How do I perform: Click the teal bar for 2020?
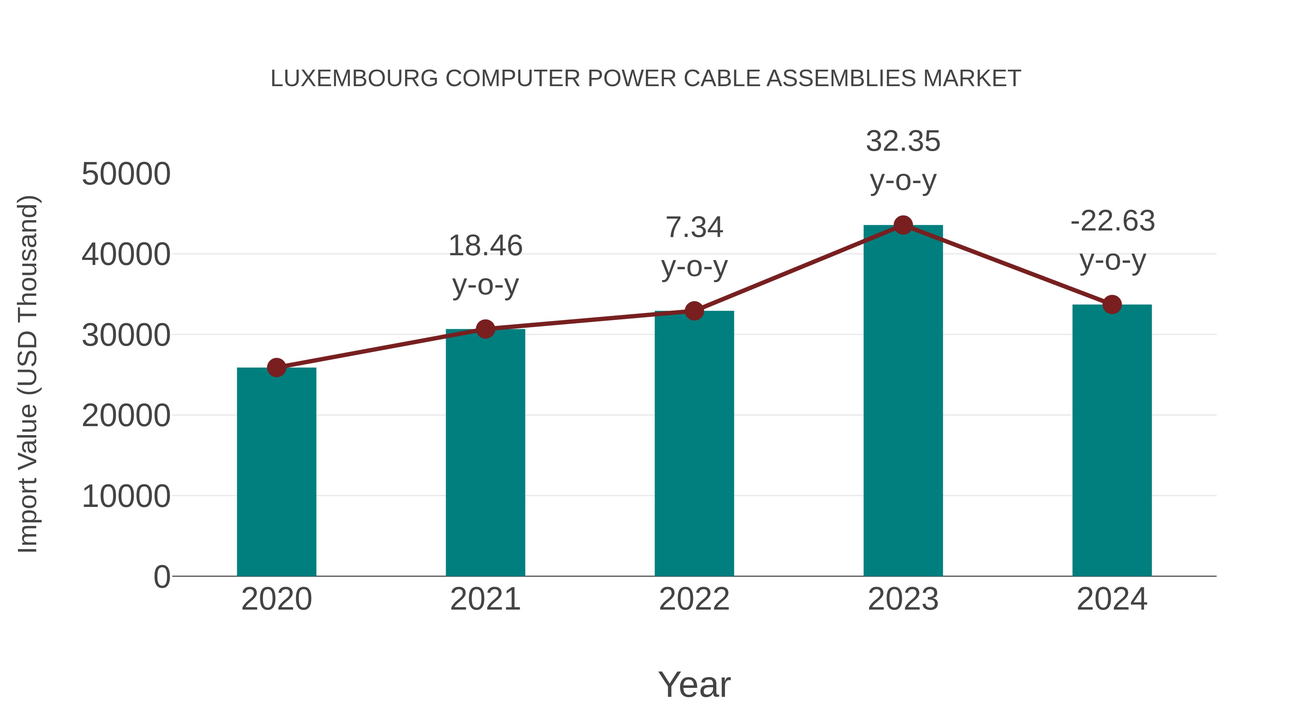(276, 472)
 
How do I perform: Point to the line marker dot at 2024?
(1112, 304)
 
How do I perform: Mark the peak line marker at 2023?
(903, 225)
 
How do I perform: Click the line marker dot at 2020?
(276, 368)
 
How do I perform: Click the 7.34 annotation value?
(694, 227)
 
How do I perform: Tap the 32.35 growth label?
(903, 141)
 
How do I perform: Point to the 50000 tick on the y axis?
(126, 174)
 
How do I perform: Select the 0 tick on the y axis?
(161, 577)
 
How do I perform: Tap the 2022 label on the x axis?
(694, 599)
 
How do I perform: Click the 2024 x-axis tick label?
(1112, 599)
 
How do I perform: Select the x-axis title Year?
(694, 684)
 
